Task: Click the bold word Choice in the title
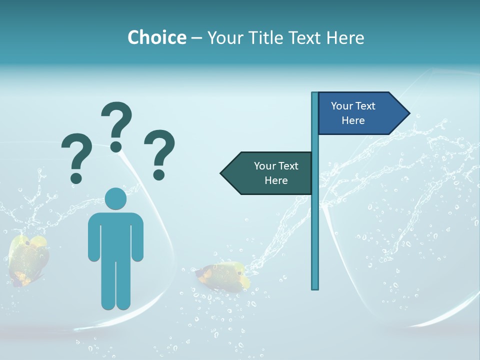[x=156, y=37]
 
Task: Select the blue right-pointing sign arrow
[x=360, y=113]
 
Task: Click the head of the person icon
[x=116, y=198]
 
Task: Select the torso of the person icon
[x=116, y=235]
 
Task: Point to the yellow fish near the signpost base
[x=222, y=276]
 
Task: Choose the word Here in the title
[x=345, y=37]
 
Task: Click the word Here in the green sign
[x=276, y=180]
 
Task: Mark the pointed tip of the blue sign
[x=408, y=113]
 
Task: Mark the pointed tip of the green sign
[x=222, y=173]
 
